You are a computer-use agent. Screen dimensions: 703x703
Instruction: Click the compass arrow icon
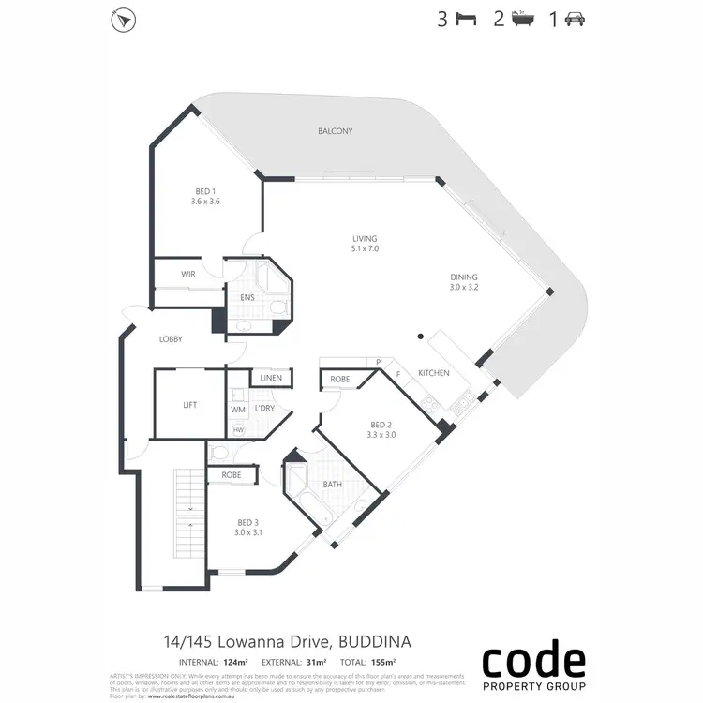[122, 20]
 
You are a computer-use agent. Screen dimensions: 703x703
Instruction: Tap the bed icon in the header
[465, 20]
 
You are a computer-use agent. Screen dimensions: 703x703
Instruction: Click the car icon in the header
[575, 20]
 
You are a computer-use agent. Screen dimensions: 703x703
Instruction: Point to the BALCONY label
[335, 132]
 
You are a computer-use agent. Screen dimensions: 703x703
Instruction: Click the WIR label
[188, 274]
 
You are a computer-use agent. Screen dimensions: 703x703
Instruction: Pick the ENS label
[247, 297]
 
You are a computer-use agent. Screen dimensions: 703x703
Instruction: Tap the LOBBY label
[171, 339]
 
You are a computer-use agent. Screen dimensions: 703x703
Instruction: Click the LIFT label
[190, 405]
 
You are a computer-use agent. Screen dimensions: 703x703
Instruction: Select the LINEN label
[272, 378]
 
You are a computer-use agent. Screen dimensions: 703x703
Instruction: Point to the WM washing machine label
[238, 410]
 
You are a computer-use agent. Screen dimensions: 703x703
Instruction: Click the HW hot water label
[238, 430]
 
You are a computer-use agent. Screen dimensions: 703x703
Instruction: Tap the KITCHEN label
[434, 373]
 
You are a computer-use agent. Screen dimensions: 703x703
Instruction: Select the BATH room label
[333, 485]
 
